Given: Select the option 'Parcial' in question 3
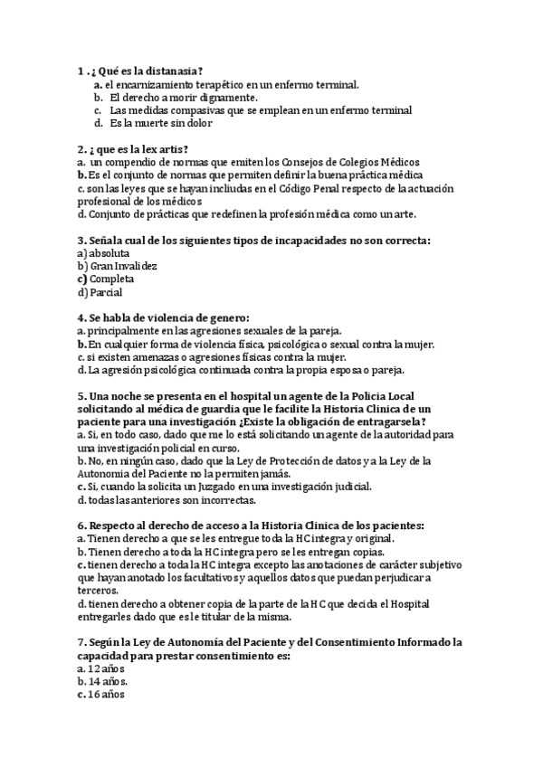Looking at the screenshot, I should (106, 292).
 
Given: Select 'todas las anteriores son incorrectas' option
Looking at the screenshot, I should (172, 499).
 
